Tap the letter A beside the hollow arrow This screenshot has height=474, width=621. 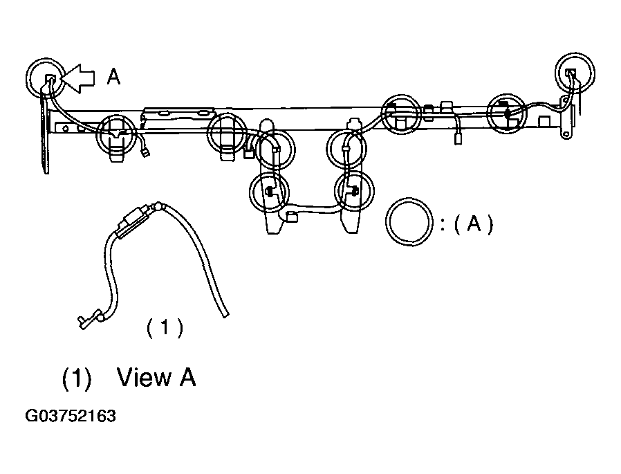(113, 77)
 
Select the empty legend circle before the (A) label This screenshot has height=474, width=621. (409, 222)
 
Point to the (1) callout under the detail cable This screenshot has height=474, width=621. (165, 328)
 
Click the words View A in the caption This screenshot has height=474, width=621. (156, 377)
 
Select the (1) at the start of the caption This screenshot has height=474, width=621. (77, 378)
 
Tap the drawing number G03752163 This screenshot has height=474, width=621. (71, 416)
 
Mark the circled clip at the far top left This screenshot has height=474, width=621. (46, 78)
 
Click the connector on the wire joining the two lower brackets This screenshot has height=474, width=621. (292, 217)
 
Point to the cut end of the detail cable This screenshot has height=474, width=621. (225, 315)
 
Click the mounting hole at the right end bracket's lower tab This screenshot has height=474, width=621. (566, 135)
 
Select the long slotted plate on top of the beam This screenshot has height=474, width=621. (179, 113)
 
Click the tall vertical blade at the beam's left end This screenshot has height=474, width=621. (45, 136)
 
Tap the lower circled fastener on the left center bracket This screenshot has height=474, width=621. (269, 192)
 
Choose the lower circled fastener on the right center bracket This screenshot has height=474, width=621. (354, 192)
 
